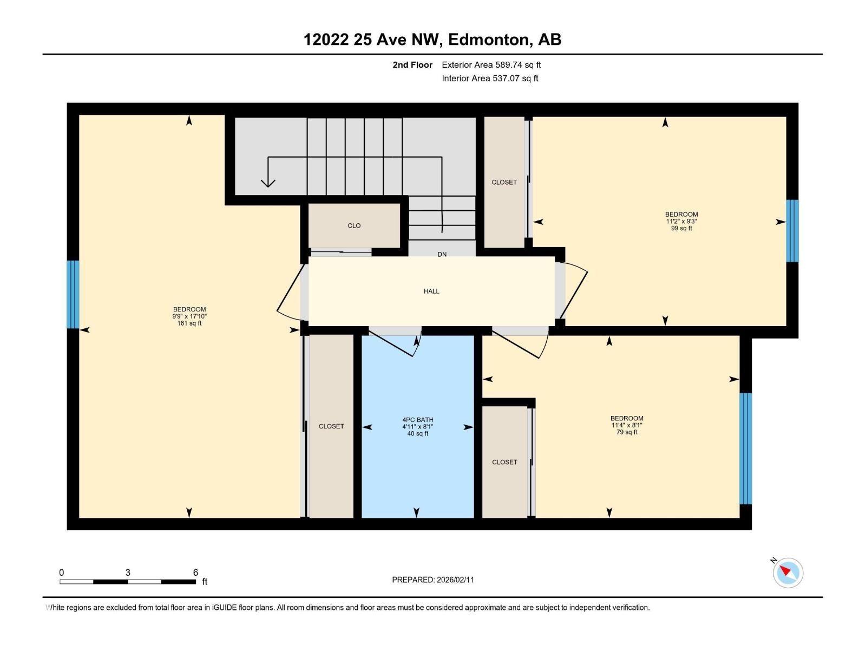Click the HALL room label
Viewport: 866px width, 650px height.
[431, 291]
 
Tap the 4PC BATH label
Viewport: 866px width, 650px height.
[417, 420]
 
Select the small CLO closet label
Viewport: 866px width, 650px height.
[354, 226]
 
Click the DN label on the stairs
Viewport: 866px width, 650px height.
[442, 254]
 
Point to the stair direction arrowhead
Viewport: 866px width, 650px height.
[268, 183]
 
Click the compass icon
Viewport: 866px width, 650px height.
[788, 573]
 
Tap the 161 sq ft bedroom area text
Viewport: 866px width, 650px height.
[189, 323]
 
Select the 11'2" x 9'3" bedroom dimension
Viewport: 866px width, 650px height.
[681, 222]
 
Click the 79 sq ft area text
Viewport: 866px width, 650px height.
[627, 432]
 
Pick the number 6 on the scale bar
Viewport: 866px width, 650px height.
[195, 573]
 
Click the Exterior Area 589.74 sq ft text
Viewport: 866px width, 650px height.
[491, 65]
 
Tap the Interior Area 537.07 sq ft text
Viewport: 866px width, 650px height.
[490, 79]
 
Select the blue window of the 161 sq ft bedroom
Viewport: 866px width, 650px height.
[73, 294]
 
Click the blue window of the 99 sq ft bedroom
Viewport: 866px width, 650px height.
[792, 231]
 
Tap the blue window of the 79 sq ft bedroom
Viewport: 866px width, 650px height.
[745, 448]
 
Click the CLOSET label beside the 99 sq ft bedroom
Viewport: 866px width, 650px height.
[504, 183]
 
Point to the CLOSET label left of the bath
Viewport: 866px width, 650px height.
[331, 427]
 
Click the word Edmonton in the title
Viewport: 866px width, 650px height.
[488, 40]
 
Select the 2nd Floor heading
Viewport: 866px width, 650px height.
[412, 65]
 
